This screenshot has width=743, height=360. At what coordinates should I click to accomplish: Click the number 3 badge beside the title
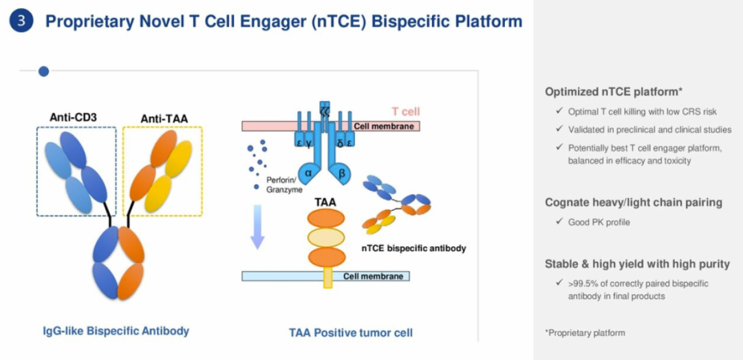[21, 21]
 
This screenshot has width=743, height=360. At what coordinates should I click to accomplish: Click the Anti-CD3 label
[73, 117]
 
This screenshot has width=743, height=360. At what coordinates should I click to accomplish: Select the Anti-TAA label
[164, 118]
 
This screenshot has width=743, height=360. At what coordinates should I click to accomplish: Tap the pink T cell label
[406, 112]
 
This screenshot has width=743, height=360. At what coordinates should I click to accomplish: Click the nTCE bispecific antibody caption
[413, 248]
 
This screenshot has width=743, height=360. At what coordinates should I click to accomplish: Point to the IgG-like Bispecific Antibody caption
[116, 331]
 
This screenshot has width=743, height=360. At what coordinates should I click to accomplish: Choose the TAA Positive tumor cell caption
[351, 333]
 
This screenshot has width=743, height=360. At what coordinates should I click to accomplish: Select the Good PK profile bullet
[599, 222]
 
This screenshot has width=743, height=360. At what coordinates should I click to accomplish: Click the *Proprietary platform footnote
[585, 332]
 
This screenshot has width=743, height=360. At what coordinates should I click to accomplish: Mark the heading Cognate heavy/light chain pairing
[634, 202]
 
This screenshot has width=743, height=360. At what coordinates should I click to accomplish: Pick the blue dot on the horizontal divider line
[43, 71]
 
